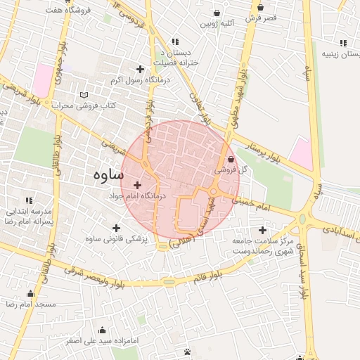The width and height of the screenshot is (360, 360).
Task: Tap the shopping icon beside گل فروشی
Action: pos(231,160)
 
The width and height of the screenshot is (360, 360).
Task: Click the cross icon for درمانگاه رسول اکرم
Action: pos(140,69)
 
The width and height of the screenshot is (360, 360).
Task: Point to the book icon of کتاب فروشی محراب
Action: pos(84,95)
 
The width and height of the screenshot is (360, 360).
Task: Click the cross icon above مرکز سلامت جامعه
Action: pos(263,230)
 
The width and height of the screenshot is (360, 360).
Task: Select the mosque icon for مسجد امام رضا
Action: pos(30,294)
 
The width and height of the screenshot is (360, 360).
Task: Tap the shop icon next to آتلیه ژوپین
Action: pos(216,13)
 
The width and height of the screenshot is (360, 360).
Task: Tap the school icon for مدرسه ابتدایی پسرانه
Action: pos(29,200)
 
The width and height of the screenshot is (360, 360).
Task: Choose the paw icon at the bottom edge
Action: pos(187,352)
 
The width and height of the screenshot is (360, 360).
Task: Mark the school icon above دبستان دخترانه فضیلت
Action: pos(175,41)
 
